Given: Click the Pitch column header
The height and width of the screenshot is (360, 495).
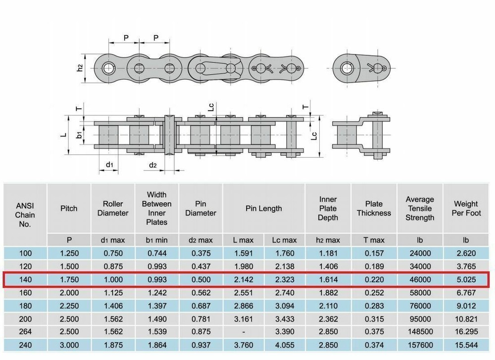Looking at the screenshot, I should click(x=69, y=208).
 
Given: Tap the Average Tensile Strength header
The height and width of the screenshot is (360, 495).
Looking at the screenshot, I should click(x=420, y=208).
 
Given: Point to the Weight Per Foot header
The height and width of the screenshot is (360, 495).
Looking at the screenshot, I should click(x=466, y=208).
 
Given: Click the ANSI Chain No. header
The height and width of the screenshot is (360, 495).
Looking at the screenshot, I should click(x=25, y=213).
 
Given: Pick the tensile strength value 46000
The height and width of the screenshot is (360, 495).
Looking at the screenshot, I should click(x=420, y=279).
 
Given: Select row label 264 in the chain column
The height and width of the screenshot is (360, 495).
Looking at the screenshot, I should click(x=25, y=331).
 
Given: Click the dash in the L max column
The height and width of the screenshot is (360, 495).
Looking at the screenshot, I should click(x=243, y=331).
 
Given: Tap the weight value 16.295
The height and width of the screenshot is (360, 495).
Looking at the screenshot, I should click(x=466, y=331).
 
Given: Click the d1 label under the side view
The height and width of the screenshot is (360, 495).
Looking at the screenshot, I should click(x=109, y=164).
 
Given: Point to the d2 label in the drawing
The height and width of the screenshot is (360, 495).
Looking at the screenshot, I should click(x=153, y=164).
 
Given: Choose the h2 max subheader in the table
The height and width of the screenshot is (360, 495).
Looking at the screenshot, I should click(x=328, y=240).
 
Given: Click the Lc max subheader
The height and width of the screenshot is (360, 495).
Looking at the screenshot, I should click(x=285, y=240).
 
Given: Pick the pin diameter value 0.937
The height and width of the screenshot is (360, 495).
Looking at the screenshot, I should click(x=200, y=344).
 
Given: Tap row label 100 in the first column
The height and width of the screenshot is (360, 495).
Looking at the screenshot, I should click(x=25, y=254).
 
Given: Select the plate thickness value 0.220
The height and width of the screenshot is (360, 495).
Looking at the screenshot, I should click(x=374, y=279).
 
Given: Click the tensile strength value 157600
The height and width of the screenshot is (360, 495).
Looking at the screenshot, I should click(x=420, y=344).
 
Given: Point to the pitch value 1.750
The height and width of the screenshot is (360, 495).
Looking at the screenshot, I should click(x=69, y=279).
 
